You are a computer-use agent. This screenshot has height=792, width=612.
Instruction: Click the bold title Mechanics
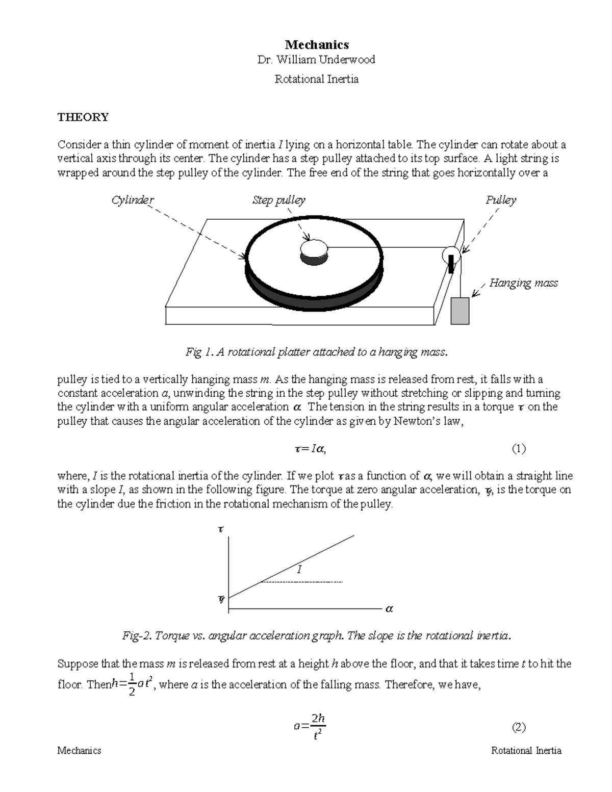[x=316, y=45]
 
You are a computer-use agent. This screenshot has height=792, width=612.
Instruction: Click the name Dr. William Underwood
[x=316, y=60]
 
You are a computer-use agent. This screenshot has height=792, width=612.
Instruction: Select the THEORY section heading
[x=83, y=117]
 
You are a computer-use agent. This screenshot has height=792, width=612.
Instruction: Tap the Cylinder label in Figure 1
[x=133, y=200]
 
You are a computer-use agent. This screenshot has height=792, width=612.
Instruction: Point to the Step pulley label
[x=278, y=200]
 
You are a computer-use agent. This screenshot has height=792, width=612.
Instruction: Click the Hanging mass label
[x=523, y=283]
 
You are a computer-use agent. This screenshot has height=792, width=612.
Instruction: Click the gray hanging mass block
[x=460, y=311]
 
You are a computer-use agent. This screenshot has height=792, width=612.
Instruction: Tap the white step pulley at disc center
[x=314, y=249]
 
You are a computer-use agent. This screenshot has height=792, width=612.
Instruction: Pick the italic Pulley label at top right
[x=501, y=200]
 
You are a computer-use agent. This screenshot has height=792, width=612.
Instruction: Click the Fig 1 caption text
[x=316, y=352]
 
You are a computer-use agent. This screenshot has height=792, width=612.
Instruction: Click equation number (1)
[x=519, y=449]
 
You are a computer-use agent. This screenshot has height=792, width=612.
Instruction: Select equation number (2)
[x=519, y=727]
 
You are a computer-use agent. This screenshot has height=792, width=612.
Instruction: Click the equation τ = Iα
[x=310, y=449]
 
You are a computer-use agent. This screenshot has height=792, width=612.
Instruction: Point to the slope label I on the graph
[x=299, y=570]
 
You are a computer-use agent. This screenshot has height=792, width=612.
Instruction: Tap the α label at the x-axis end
[x=390, y=609]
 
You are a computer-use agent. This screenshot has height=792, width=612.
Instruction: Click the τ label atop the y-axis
[x=220, y=530]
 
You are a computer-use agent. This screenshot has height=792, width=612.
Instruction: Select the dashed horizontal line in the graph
[x=301, y=582]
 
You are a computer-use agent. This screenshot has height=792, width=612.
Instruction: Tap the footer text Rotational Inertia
[x=526, y=750]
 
